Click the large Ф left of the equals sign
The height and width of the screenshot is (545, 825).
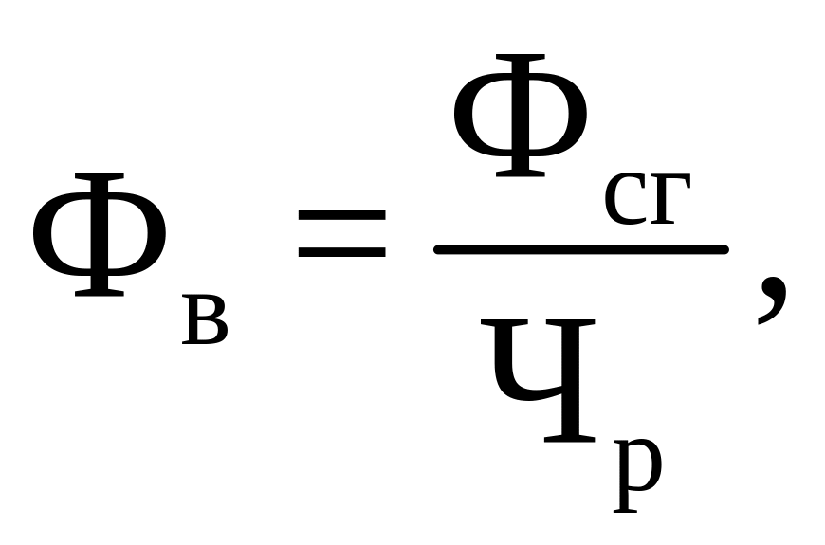pyautogui.click(x=100, y=235)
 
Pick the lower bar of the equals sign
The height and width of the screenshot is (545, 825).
pyautogui.click(x=341, y=253)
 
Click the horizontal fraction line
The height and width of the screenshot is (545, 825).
pyautogui.click(x=580, y=248)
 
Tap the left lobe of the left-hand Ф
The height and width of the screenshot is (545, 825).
pyautogui.click(x=52, y=235)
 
